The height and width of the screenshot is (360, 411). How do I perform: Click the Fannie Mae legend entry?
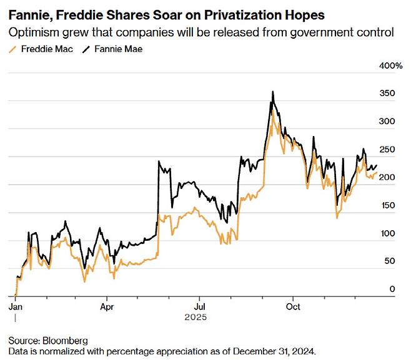114,49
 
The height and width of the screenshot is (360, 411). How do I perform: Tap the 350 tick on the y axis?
387,94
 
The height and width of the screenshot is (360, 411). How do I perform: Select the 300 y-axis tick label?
387,122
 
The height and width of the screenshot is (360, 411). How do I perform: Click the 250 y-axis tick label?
387,150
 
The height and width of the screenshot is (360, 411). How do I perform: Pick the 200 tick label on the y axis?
387,177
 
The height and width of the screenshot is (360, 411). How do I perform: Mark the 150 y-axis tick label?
387,205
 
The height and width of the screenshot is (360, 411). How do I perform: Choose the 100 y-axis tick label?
387,233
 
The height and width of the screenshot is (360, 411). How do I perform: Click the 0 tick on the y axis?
392,289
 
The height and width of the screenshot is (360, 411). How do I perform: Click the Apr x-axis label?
107,307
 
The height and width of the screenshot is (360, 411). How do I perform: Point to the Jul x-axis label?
199,307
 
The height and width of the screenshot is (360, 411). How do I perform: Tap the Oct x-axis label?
292,307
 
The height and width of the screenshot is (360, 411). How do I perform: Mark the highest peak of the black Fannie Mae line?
272,92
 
